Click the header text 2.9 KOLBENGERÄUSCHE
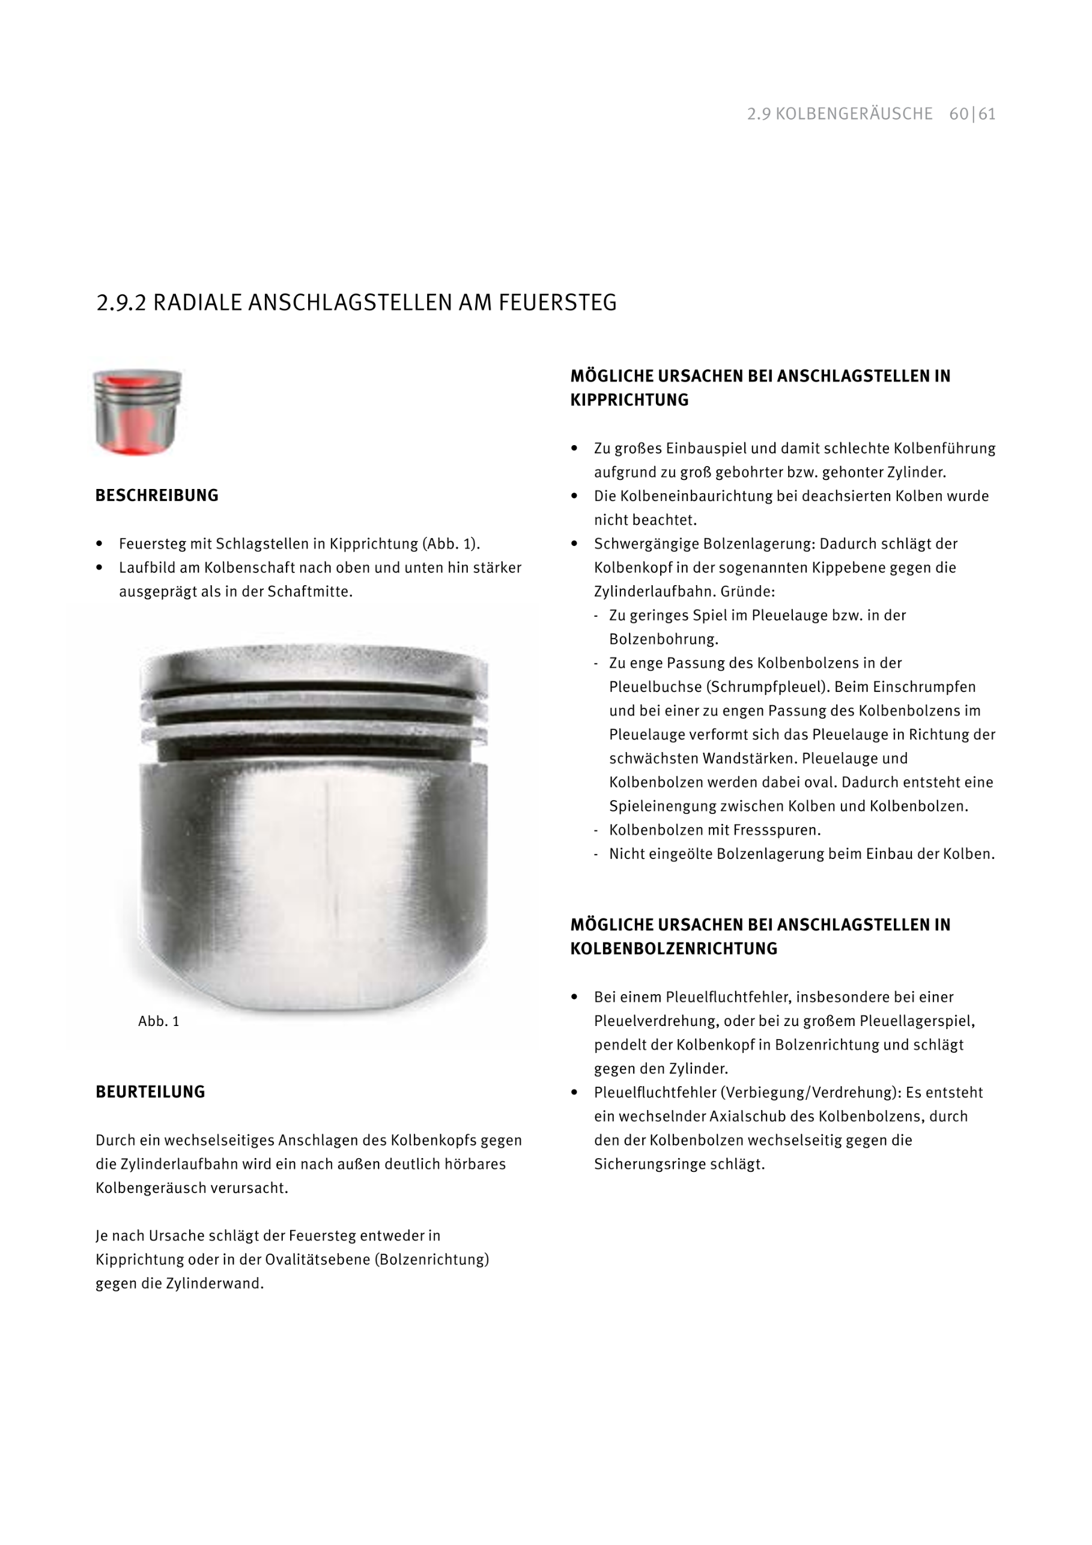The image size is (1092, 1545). pos(840,114)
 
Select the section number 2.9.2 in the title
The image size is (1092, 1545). pos(121,303)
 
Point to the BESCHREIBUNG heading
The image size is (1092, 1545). pos(157,496)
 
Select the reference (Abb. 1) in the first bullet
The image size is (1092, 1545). pos(450,544)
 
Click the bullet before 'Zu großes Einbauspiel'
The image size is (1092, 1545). pos(575,448)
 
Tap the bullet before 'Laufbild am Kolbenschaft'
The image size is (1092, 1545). pos(100,567)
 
